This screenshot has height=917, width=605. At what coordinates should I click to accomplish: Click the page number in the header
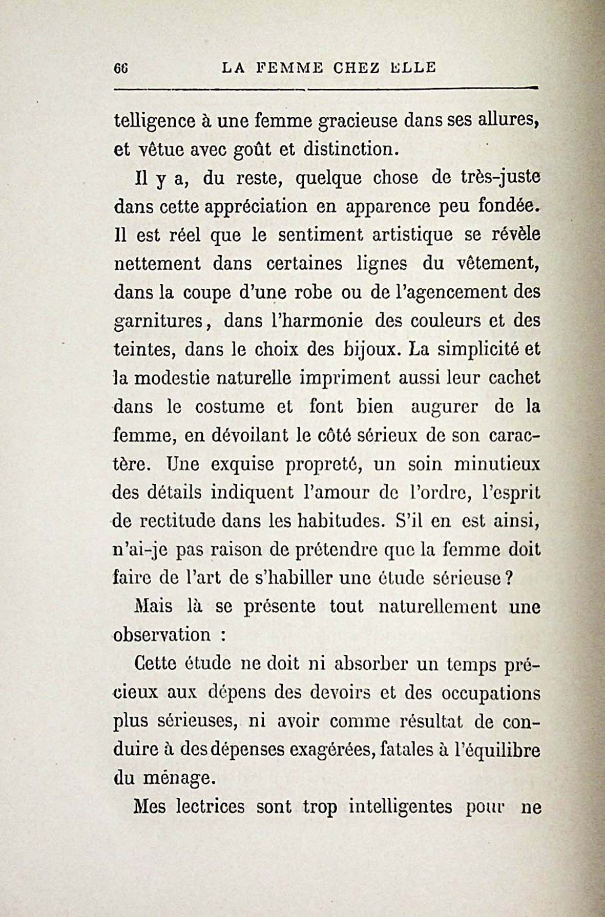tap(121, 68)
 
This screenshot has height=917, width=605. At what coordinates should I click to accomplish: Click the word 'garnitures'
tap(159, 323)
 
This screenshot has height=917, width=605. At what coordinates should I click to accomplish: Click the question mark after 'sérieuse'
tap(509, 579)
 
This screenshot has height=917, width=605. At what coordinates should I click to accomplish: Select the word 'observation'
tap(162, 635)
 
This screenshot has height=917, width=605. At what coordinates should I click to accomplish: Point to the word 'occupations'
tap(490, 693)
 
